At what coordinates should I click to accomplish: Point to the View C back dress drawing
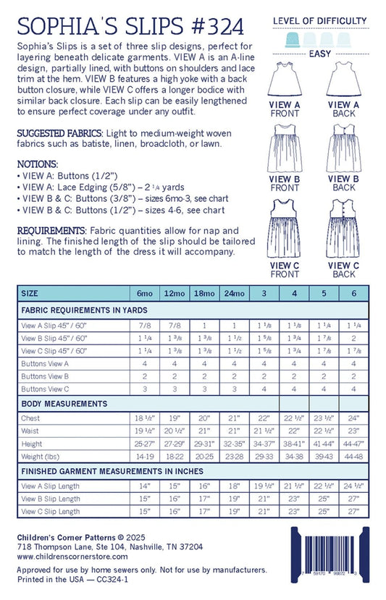[x=344, y=227]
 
